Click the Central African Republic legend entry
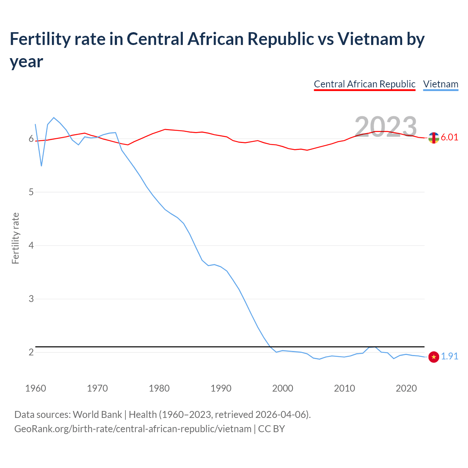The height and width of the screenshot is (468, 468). [365, 84]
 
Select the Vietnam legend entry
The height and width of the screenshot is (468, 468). [441, 84]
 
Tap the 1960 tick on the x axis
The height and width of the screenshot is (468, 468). [35, 388]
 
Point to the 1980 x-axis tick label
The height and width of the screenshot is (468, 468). [159, 388]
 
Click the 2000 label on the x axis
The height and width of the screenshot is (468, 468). [283, 388]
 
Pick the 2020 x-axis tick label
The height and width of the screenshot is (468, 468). [406, 388]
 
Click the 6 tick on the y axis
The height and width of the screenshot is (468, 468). [31, 139]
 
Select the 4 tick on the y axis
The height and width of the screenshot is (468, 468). [31, 245]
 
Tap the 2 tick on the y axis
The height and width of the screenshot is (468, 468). [31, 352]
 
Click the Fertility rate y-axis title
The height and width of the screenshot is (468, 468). [15, 238]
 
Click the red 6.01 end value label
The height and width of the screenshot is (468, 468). [449, 137]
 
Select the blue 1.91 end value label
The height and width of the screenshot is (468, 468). [449, 356]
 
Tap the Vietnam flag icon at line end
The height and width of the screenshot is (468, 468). [434, 357]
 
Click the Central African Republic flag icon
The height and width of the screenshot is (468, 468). [434, 138]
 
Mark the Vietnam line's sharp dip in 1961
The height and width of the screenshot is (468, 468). [42, 166]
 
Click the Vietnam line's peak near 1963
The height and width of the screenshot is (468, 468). [54, 118]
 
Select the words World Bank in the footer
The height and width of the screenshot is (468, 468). [97, 415]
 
